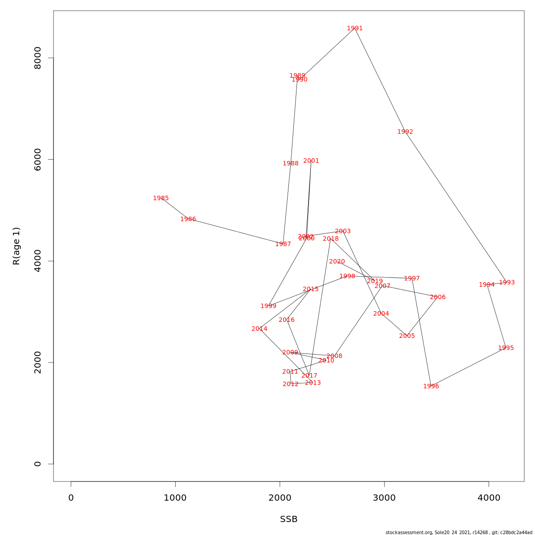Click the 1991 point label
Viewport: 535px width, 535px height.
click(x=355, y=29)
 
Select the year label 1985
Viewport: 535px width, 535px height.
click(x=161, y=198)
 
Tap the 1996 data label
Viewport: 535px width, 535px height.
click(x=431, y=387)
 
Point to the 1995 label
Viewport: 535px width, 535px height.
click(x=506, y=348)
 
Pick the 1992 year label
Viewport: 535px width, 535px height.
click(x=405, y=132)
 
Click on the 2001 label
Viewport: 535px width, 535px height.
click(x=311, y=161)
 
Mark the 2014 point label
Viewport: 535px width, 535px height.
click(x=259, y=329)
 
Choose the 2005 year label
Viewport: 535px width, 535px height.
click(x=407, y=336)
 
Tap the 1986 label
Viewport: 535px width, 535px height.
click(x=188, y=219)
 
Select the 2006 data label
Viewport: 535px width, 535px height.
click(x=438, y=297)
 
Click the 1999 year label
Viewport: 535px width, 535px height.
click(x=268, y=306)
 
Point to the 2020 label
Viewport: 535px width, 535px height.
click(x=337, y=262)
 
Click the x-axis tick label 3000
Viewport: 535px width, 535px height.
click(x=384, y=498)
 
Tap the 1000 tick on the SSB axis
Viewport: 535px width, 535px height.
click(x=175, y=498)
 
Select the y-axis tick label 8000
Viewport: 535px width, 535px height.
click(x=38, y=58)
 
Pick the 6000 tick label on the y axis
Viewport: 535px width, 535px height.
click(x=38, y=160)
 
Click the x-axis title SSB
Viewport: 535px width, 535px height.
click(x=289, y=519)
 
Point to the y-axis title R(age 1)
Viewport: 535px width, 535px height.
click(x=16, y=246)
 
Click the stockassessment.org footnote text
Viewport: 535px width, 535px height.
click(x=459, y=532)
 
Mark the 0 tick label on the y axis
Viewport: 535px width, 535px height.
click(x=38, y=464)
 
